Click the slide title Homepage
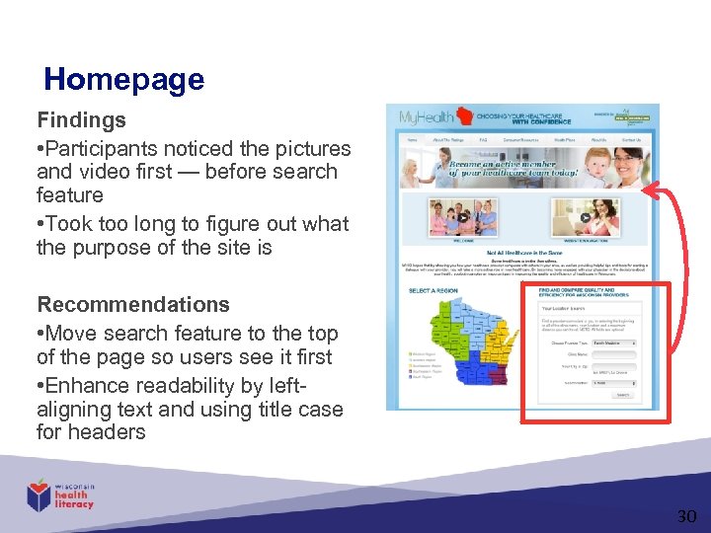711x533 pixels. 123,79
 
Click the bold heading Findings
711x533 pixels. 82,120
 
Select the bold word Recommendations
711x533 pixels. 133,304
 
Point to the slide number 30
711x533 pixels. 686,516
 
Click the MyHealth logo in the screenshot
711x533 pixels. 422,117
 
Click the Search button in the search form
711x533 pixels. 622,394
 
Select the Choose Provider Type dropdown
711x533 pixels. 613,343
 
